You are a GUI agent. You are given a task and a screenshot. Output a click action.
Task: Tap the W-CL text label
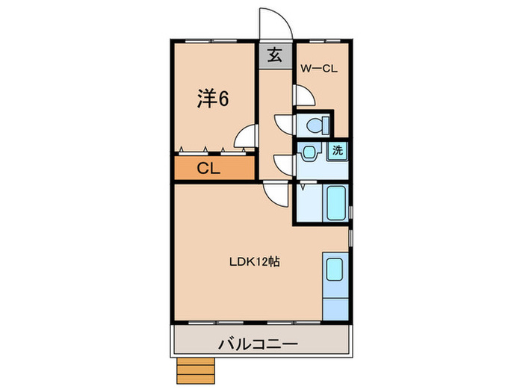[x=320, y=69]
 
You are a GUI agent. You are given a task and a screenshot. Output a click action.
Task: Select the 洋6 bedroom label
[x=213, y=98]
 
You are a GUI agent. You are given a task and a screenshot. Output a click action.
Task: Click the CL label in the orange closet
[x=208, y=169]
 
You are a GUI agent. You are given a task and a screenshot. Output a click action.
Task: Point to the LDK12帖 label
[x=254, y=262]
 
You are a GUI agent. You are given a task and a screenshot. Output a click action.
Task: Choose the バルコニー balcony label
[x=259, y=344]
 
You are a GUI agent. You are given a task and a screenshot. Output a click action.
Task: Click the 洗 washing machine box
[x=338, y=150]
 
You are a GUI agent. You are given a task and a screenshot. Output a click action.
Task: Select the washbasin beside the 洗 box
[x=309, y=154]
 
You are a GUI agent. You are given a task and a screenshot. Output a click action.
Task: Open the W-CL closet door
[x=303, y=95]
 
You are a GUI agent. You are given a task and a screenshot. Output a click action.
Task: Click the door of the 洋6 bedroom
[x=244, y=138]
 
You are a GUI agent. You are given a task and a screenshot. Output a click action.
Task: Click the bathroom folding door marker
[x=301, y=191]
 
